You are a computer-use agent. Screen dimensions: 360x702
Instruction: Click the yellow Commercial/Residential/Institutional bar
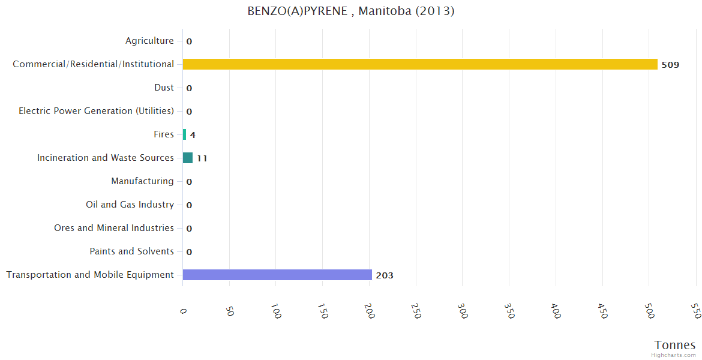pos(420,64)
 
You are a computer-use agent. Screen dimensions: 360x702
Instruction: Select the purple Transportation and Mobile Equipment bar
pos(277,275)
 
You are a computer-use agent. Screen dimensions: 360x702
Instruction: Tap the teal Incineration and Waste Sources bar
pos(188,158)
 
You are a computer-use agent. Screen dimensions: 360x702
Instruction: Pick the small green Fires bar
pos(184,134)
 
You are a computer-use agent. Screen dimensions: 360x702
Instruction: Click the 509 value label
pos(670,65)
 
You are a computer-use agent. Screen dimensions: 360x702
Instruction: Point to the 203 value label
pos(385,275)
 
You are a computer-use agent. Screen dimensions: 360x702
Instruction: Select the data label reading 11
pos(202,158)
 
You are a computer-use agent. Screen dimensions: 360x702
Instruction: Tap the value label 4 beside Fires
pos(193,135)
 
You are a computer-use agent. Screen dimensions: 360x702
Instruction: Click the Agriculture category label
pos(149,41)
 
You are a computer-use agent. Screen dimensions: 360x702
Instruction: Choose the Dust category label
pos(164,88)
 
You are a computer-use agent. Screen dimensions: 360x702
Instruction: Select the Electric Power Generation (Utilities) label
pos(96,111)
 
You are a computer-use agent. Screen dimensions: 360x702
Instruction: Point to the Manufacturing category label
pos(142,181)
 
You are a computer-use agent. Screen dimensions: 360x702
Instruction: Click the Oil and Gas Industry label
pos(130,205)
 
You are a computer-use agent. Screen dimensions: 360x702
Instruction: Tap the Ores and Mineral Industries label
pos(114,228)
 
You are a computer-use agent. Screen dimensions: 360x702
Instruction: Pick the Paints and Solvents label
pos(131,251)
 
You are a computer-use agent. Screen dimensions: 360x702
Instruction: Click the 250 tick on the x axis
pos(416,310)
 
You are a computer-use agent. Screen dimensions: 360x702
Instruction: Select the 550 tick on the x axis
pos(695,310)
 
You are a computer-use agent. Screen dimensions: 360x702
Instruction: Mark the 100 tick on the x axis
pos(275,311)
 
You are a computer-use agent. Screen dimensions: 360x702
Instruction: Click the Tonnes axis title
pos(674,345)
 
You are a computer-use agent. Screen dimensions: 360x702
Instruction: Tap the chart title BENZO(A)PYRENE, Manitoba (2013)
pos(351,11)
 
